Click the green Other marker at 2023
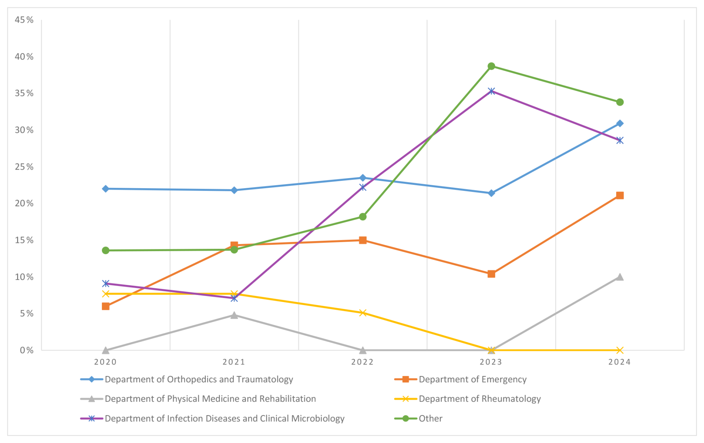[x=491, y=66]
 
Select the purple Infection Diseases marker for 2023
[x=491, y=91]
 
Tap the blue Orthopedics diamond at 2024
[x=620, y=123]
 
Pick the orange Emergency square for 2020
[x=106, y=306]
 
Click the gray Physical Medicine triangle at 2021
[x=234, y=315]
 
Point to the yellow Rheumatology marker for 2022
[x=363, y=313]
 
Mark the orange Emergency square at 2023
[x=491, y=274]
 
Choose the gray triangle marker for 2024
[x=620, y=277]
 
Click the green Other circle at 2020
[x=106, y=250]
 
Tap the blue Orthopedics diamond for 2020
[x=106, y=189]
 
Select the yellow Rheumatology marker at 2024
[x=620, y=350]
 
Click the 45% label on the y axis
[x=24, y=20]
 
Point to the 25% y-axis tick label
[x=24, y=167]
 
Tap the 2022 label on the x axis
[x=362, y=362]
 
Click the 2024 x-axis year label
[x=620, y=362]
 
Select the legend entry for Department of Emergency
[x=473, y=379]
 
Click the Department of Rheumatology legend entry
[x=480, y=399]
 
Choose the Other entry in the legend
[x=431, y=418]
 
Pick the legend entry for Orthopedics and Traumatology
[x=199, y=379]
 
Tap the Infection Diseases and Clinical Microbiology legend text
[x=224, y=418]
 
